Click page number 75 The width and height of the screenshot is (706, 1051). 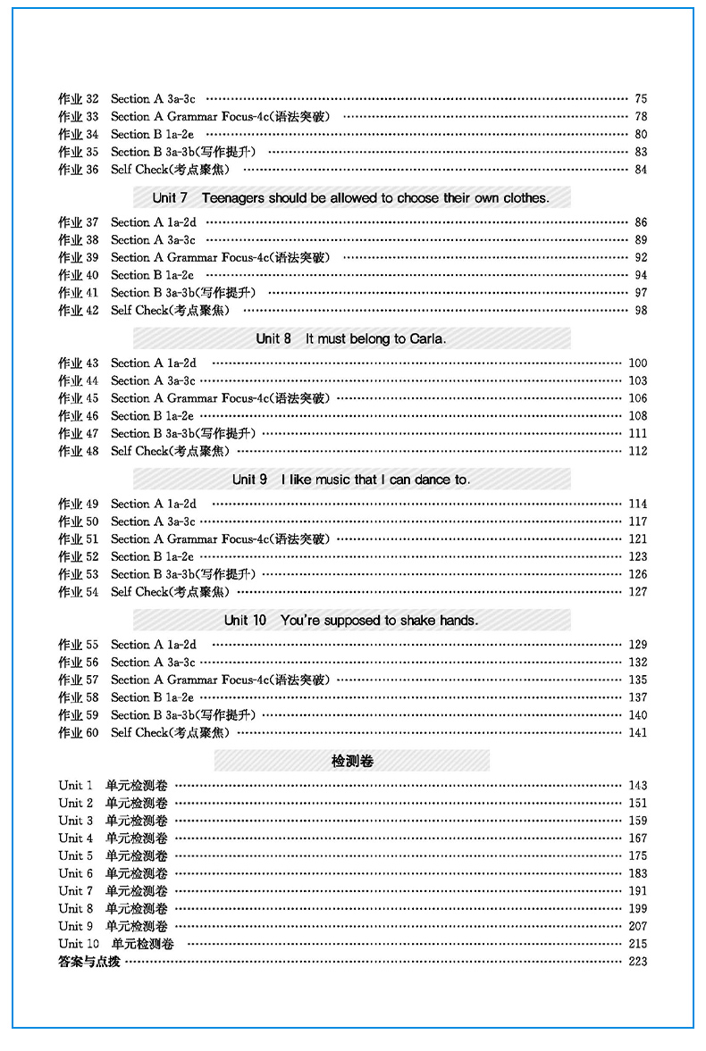pos(640,98)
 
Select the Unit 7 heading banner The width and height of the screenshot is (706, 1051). pos(351,197)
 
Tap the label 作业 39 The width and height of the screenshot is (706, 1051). pos(79,257)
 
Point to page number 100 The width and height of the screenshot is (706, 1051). pos(637,363)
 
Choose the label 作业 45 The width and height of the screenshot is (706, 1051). pos(79,398)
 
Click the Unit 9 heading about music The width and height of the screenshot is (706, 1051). pos(351,480)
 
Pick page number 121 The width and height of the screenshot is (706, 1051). pos(637,538)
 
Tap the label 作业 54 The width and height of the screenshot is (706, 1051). pos(79,592)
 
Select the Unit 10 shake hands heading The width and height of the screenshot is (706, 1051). pos(351,620)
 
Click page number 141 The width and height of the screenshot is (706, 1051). pos(637,732)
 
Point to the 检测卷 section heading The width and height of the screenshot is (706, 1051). pos(351,761)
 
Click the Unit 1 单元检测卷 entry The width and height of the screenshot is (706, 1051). pos(113,785)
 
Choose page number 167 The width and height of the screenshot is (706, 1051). pos(637,838)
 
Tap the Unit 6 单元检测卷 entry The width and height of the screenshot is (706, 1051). pos(113,873)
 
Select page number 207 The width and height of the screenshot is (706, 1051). pos(637,926)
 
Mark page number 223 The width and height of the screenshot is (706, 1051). pos(637,961)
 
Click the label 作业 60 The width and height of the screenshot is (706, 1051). pos(79,732)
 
